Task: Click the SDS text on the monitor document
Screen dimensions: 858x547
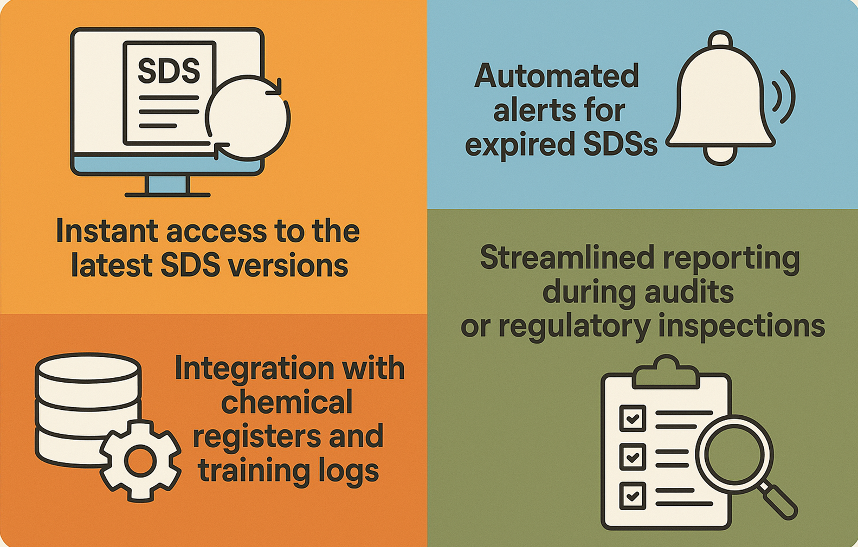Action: coord(169,71)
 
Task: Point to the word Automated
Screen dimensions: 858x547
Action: coord(557,76)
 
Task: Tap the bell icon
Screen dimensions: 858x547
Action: coord(720,98)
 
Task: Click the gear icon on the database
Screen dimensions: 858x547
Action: coord(140,461)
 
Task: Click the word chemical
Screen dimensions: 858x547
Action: coord(287,403)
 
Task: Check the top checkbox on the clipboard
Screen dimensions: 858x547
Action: coord(632,418)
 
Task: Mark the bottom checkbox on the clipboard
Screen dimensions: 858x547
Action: coord(632,495)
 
